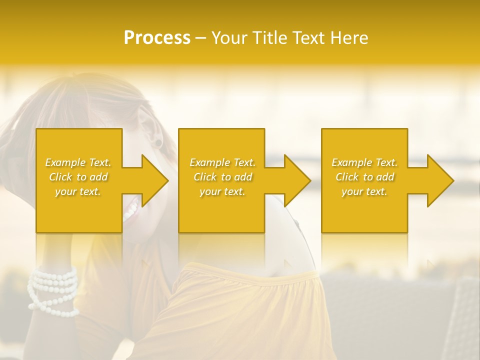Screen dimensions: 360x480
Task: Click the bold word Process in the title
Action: click(x=157, y=38)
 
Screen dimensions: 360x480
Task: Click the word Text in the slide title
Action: click(x=309, y=38)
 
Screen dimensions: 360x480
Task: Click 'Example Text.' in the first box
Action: click(x=78, y=162)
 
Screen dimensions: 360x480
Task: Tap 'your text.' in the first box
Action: click(x=78, y=191)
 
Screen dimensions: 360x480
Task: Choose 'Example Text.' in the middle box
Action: click(x=222, y=162)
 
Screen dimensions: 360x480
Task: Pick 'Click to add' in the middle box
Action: click(x=222, y=177)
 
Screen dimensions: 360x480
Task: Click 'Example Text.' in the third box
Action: click(x=364, y=162)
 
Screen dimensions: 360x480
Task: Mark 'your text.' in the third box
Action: click(x=364, y=191)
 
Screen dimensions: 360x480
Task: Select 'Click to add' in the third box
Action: click(x=364, y=177)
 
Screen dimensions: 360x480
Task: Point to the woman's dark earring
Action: click(x=158, y=143)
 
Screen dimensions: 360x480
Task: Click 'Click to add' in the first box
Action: click(x=78, y=177)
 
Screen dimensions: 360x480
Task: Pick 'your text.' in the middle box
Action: click(x=222, y=191)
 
